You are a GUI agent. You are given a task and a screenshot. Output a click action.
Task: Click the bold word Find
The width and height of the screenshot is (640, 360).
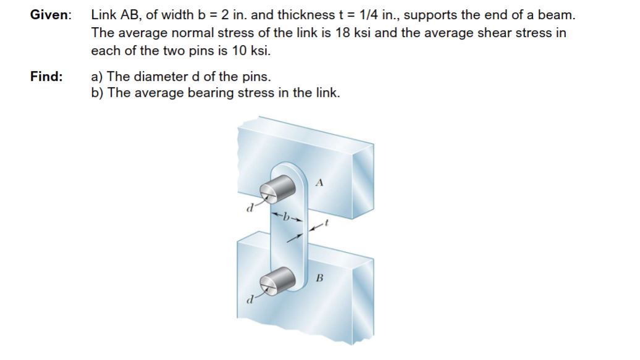coord(46,77)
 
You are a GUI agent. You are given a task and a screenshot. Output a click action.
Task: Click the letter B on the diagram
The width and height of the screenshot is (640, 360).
coord(319,277)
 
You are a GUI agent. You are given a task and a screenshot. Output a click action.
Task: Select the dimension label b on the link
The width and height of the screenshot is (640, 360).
coord(285,217)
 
